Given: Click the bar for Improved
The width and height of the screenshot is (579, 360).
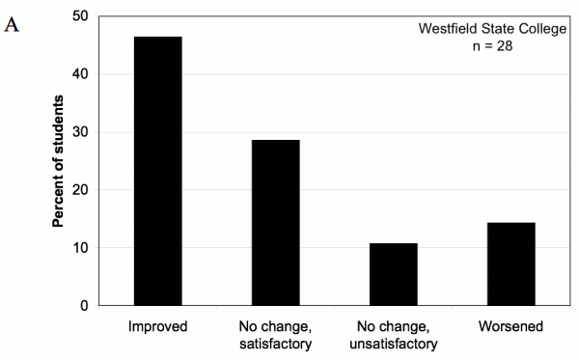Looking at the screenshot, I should [x=157, y=171].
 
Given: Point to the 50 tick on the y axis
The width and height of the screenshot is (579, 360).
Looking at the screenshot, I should [x=82, y=16].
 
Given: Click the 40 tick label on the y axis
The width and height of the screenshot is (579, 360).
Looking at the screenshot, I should [x=82, y=74].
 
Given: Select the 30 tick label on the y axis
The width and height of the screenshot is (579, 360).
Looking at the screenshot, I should [x=82, y=132].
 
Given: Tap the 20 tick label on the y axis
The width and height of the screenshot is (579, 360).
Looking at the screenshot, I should [x=82, y=190].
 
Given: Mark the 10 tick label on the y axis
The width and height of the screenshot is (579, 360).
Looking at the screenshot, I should [x=82, y=248].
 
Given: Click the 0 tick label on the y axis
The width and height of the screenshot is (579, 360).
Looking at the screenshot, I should [x=86, y=306].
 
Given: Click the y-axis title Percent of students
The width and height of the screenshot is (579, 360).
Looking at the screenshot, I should [x=58, y=161].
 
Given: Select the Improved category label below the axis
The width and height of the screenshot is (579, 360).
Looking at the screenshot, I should [x=157, y=328].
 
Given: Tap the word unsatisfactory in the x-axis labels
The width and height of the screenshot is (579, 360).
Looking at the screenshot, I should [x=394, y=344].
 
